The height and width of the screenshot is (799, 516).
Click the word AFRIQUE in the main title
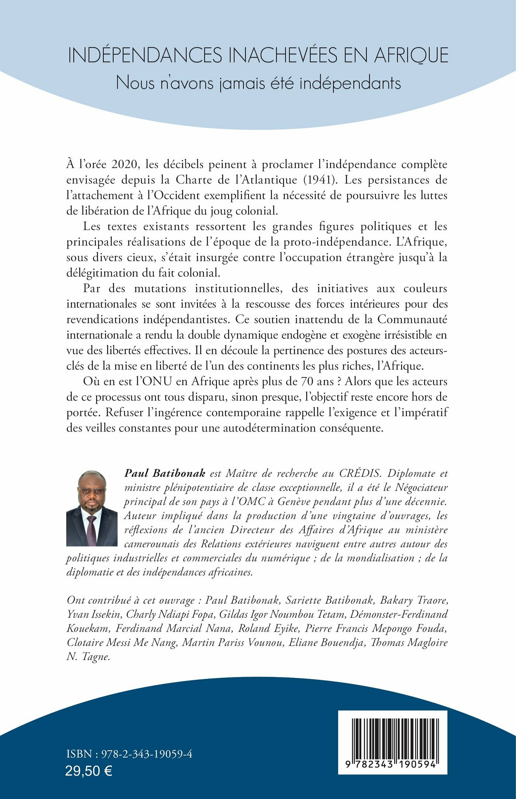click(412, 55)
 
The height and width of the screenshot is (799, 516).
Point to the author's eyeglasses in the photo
click(91, 491)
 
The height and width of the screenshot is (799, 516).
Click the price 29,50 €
click(89, 771)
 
